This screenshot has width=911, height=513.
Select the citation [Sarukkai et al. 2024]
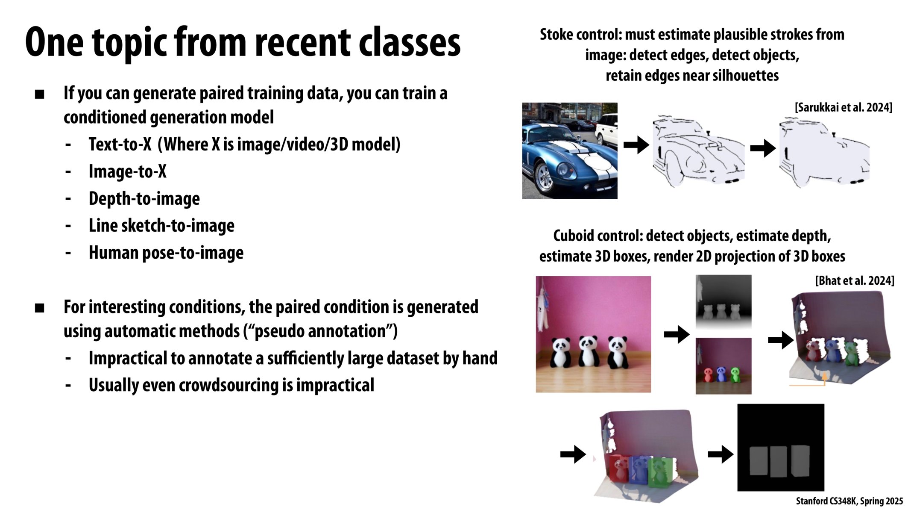click(844, 107)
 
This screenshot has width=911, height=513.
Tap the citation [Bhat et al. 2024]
click(854, 281)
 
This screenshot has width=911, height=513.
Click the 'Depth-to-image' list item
click(144, 199)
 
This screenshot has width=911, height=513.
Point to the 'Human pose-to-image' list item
click(166, 253)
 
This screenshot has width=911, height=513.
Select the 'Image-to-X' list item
click(127, 171)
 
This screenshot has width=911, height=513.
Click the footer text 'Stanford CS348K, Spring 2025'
click(849, 501)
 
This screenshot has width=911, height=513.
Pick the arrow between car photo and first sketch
click(636, 145)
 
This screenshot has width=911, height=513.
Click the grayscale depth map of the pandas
click(724, 302)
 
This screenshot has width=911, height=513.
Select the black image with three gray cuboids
click(781, 447)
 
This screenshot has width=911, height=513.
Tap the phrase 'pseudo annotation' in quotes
click(320, 331)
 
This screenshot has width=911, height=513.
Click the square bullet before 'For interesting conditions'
click(40, 308)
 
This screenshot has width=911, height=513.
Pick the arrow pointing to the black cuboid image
click(721, 454)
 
